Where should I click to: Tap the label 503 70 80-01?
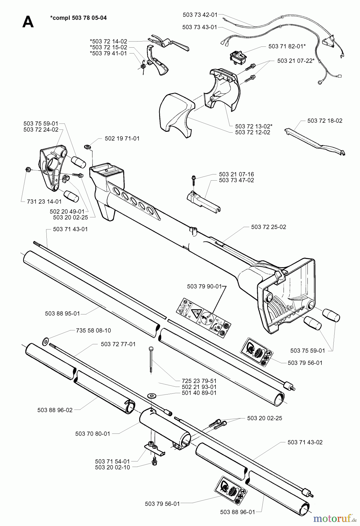(93, 434)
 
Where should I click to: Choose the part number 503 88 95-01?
(62, 314)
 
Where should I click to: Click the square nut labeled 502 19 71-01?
(87, 146)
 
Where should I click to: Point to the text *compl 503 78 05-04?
(79, 18)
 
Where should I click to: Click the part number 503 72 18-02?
(325, 121)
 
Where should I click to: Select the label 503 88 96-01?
(238, 512)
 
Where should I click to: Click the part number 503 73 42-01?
(200, 14)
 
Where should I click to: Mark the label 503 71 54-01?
(112, 461)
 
